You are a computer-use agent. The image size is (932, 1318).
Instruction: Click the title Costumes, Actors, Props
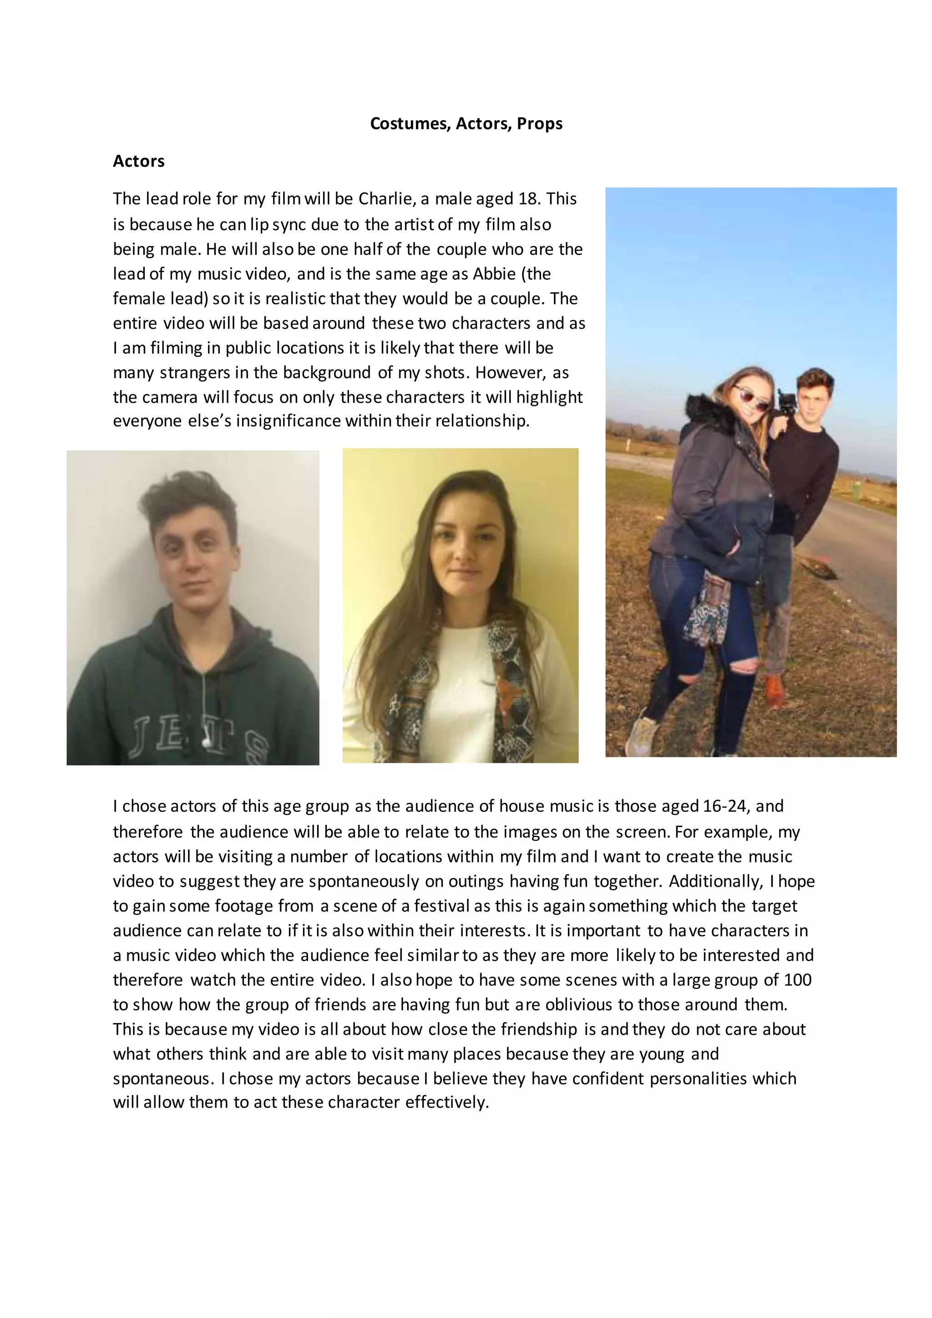point(466,123)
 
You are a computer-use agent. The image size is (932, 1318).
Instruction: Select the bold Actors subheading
point(138,161)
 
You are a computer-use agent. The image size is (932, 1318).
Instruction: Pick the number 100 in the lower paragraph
point(797,980)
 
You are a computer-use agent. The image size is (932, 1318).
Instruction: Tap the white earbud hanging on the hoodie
point(205,741)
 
